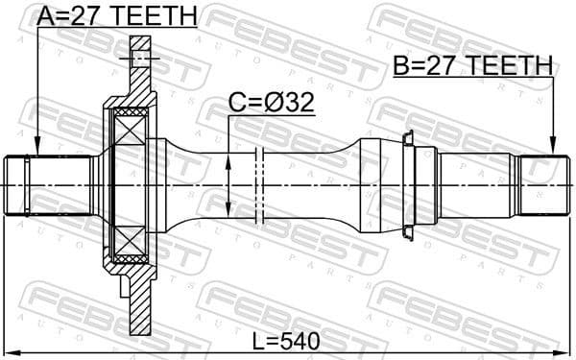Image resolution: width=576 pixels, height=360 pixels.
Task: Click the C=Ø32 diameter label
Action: (x=271, y=104)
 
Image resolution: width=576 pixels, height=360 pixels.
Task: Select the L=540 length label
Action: (x=288, y=339)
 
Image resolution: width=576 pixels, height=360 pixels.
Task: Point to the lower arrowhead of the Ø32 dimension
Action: (x=229, y=216)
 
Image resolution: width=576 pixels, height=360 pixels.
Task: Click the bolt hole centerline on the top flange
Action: (x=140, y=60)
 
